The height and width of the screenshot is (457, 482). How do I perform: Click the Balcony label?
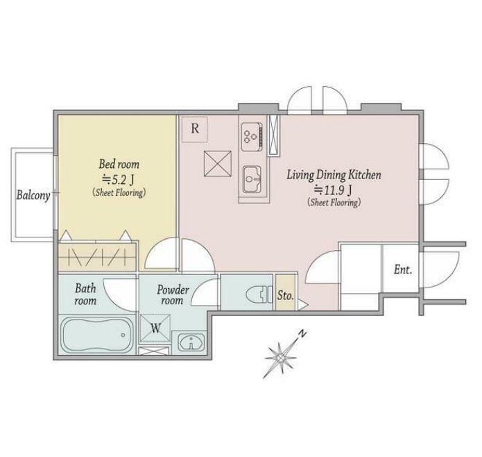33,195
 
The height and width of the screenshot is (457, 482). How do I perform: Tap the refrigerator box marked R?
195,129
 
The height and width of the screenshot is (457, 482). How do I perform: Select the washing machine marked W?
155,329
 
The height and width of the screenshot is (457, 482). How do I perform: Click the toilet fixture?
259,294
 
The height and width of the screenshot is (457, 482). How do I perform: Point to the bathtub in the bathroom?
98,335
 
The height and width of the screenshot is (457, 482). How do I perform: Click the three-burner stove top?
252,137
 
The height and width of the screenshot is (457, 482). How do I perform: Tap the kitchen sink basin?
252,179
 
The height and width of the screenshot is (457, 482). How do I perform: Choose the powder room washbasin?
191,342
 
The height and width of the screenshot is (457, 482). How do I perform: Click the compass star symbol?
281,358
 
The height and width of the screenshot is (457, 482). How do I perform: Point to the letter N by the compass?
303,333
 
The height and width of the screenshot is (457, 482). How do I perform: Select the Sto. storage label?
286,295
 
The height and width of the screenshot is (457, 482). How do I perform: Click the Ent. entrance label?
403,270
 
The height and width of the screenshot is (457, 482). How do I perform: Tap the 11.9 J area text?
333,190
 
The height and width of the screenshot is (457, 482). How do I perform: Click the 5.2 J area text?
118,180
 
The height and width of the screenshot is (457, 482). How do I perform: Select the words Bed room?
119,165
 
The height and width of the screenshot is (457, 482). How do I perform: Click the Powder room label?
173,294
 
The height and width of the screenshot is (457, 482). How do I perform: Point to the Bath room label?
85,294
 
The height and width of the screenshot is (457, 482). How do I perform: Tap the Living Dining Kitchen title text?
334,175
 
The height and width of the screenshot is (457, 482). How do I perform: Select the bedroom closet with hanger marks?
97,257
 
